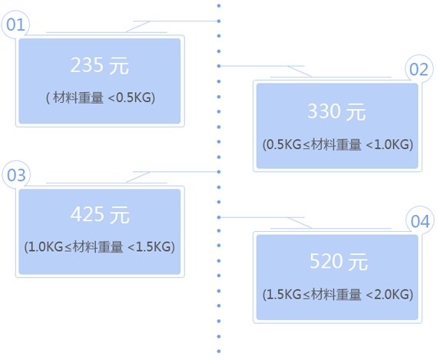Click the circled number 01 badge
pyautogui.click(x=15, y=25)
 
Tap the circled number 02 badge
pyautogui.click(x=419, y=69)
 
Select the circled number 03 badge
pyautogui.click(x=16, y=175)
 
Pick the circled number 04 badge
pyautogui.click(x=420, y=221)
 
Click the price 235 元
pyautogui.click(x=100, y=65)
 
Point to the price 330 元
pyautogui.click(x=336, y=111)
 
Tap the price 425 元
pyautogui.click(x=100, y=215)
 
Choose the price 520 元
pyautogui.click(x=339, y=261)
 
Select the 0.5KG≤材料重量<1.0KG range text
pyautogui.click(x=338, y=144)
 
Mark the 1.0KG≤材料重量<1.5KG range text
pyautogui.click(x=100, y=247)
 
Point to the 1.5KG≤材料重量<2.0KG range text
pyautogui.click(x=338, y=295)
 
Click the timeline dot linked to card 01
pyautogui.click(x=219, y=21)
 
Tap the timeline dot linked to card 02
pyautogui.click(x=219, y=66)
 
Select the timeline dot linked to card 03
pyautogui.click(x=219, y=172)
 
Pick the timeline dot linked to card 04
pyautogui.click(x=219, y=217)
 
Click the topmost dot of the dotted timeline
pyautogui.click(x=219, y=5)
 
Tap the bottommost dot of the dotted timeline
pyautogui.click(x=219, y=352)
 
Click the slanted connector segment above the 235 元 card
pyautogui.click(x=138, y=26)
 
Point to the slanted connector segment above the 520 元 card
pyautogui.click(x=300, y=223)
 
